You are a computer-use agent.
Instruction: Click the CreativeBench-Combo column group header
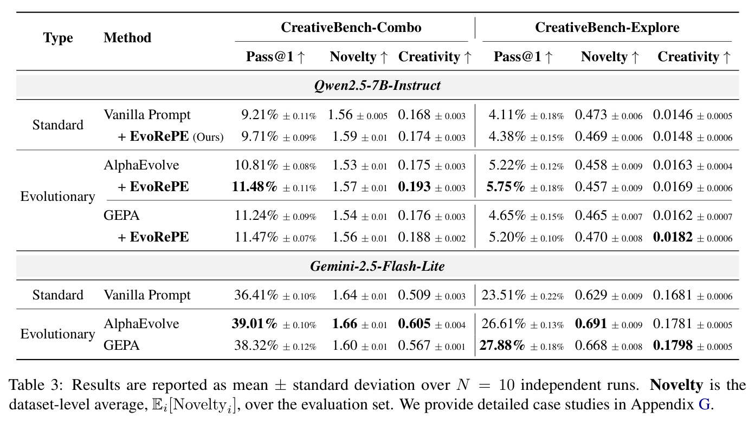point(351,27)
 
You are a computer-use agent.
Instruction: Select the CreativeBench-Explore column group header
point(607,27)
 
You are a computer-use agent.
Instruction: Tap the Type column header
point(58,38)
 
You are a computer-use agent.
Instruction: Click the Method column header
point(127,37)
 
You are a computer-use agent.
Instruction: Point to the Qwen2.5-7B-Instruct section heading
point(377,85)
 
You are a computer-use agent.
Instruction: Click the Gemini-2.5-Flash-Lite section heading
point(377,266)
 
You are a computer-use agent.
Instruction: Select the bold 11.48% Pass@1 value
point(255,187)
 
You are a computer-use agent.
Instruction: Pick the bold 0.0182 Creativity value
point(673,237)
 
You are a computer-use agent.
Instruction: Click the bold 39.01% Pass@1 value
point(255,324)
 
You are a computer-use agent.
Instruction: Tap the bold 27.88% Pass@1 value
point(502,345)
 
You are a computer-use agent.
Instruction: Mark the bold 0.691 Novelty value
point(591,324)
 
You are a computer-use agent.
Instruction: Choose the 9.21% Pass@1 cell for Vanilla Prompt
point(260,115)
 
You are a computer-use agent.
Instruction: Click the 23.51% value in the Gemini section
point(504,295)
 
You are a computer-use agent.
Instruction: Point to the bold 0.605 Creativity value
point(414,324)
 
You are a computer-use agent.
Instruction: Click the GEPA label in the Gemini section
point(121,345)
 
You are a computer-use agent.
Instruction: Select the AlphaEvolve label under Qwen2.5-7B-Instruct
point(141,165)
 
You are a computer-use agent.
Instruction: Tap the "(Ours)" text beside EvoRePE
point(208,137)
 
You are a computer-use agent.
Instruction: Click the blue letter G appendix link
point(704,404)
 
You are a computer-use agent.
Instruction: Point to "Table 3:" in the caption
point(36,385)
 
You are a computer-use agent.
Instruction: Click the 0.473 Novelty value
point(591,115)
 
